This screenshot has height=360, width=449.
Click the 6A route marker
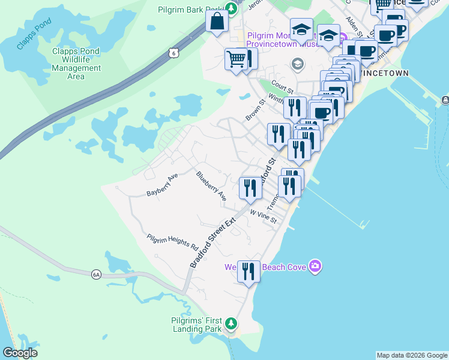[x=96, y=274]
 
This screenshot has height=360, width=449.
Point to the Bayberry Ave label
[x=163, y=185]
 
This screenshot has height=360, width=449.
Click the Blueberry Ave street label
[x=211, y=186]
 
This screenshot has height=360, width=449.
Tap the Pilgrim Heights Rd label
[x=173, y=242]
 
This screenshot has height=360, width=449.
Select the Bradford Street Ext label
[x=213, y=243]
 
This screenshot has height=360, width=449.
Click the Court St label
[x=281, y=88]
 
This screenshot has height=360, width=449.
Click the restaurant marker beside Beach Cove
[x=248, y=271]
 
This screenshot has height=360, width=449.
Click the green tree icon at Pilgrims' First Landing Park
[x=232, y=326]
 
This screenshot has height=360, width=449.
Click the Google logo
[x=20, y=353]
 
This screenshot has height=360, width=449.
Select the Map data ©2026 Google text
[x=412, y=355]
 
